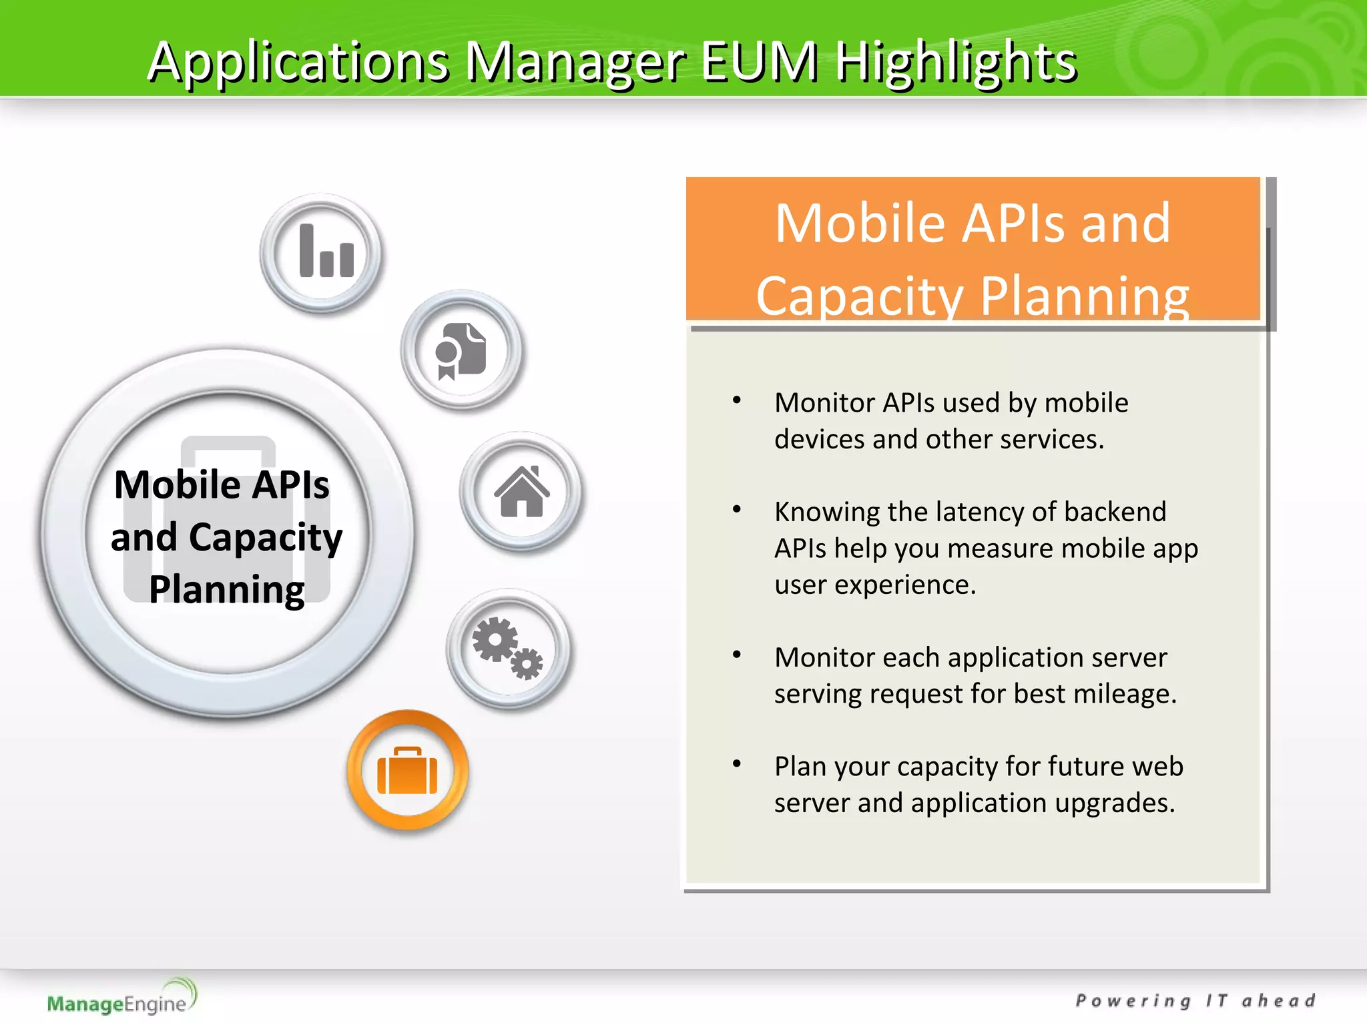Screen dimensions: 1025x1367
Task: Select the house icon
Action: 521,492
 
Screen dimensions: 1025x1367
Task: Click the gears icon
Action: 508,648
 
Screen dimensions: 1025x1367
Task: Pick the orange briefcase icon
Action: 407,771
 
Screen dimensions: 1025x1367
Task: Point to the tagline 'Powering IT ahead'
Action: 1195,1000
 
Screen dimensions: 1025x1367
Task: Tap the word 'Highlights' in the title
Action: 956,61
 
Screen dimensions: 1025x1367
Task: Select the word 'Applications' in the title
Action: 298,61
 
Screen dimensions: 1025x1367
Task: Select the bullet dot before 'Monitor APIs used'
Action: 737,400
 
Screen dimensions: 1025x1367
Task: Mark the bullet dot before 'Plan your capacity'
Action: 737,764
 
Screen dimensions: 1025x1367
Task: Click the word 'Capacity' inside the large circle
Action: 265,537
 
